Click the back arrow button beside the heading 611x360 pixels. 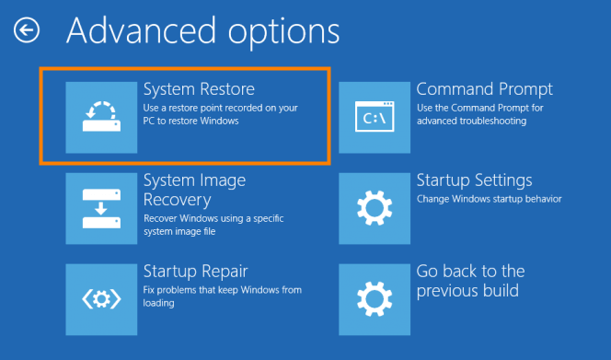click(26, 31)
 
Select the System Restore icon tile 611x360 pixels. click(101, 116)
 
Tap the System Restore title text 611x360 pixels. click(199, 89)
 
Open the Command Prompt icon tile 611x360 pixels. click(375, 116)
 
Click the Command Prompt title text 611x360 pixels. click(485, 89)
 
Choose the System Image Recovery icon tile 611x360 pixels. click(101, 208)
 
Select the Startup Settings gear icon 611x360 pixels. click(375, 208)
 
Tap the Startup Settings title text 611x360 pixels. click(474, 180)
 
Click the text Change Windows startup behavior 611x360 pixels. click(489, 199)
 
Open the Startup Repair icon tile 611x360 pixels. click(101, 299)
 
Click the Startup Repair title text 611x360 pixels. click(195, 272)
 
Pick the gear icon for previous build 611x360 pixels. click(375, 299)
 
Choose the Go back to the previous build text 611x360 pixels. click(470, 281)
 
